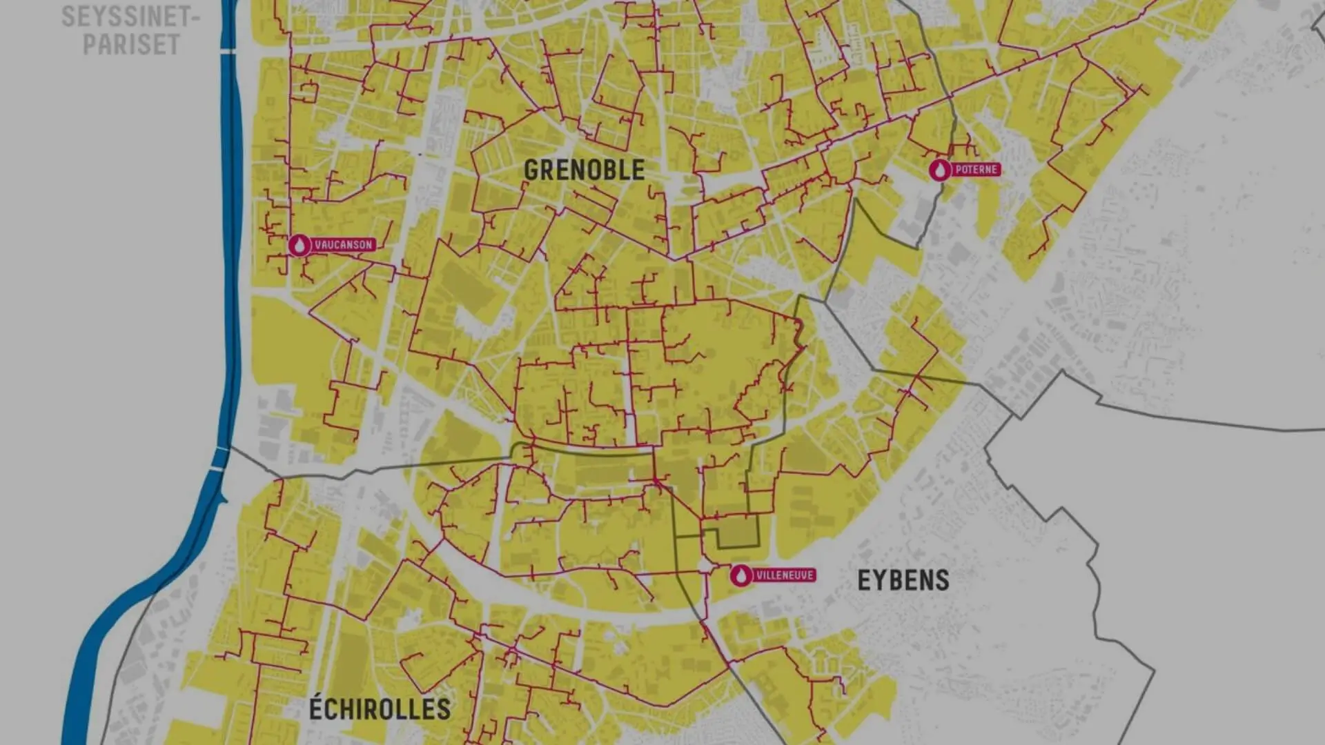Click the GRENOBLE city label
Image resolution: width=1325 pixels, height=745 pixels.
pos(584,170)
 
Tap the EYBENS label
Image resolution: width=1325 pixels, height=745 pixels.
pos(903,581)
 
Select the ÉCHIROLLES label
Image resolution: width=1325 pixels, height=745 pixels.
pos(379,709)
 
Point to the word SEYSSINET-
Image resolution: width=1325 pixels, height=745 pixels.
pos(130,17)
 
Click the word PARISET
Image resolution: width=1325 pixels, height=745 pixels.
pos(131,45)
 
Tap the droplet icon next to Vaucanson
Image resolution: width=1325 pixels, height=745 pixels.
pos(300,245)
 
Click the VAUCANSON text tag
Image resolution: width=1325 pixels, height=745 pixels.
pos(343,245)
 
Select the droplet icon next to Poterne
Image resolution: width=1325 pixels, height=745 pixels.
pos(939,170)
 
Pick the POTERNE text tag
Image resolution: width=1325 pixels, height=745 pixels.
pos(976,170)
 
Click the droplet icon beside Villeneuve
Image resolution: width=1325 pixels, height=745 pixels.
pos(741,575)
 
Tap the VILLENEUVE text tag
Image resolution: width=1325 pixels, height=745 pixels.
pos(785,575)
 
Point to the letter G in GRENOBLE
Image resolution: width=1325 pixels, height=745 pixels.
pos(531,170)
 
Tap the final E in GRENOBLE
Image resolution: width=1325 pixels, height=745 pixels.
pos(638,170)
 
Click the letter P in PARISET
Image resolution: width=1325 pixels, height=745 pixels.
pos(90,45)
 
